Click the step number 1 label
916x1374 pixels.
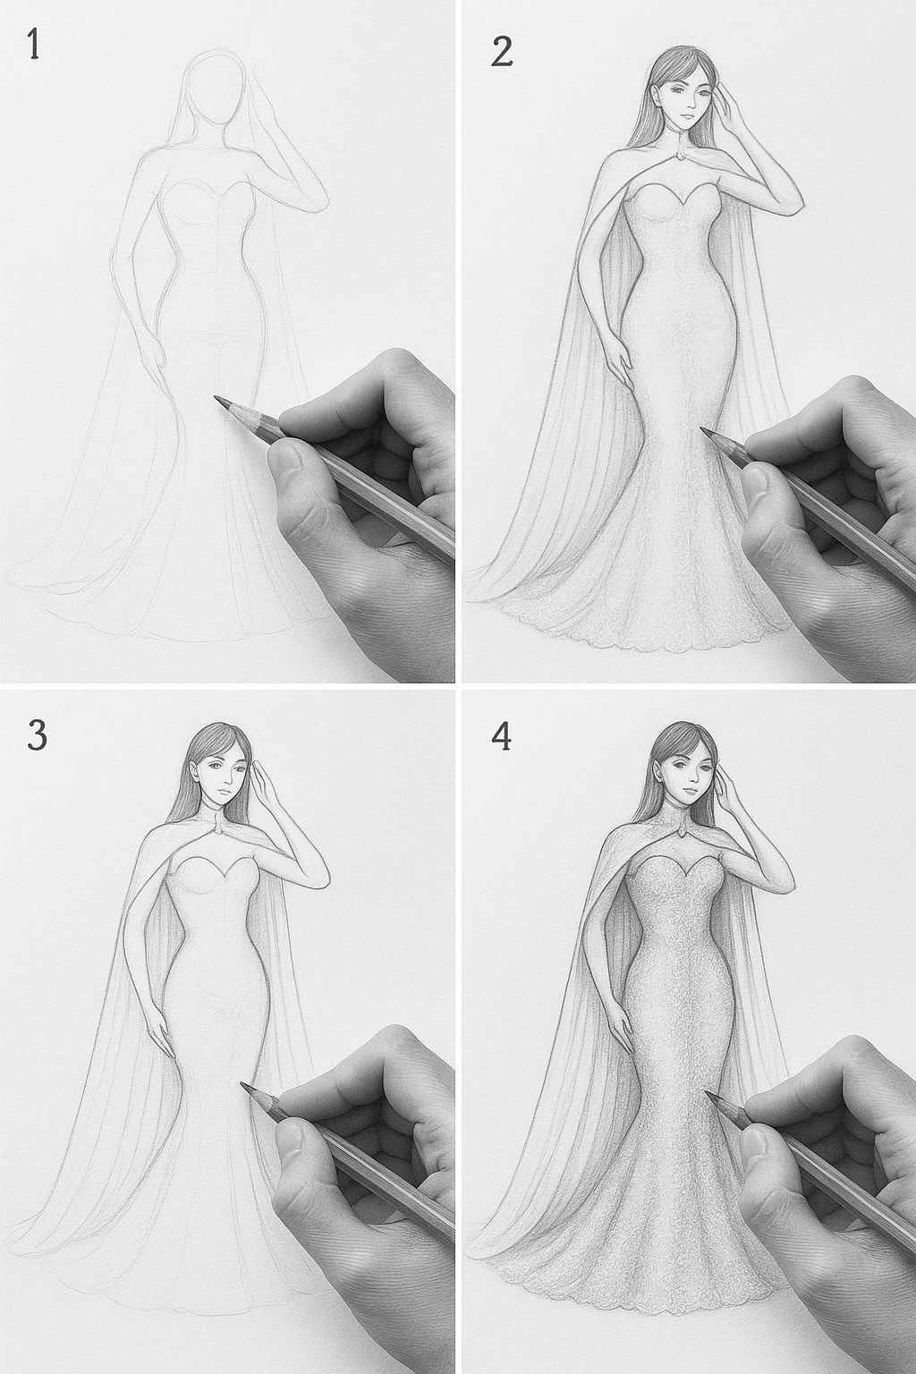pos(33,45)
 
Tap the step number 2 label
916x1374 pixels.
pos(502,51)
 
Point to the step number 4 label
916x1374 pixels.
pos(502,736)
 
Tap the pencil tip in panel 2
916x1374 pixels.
pos(704,430)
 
